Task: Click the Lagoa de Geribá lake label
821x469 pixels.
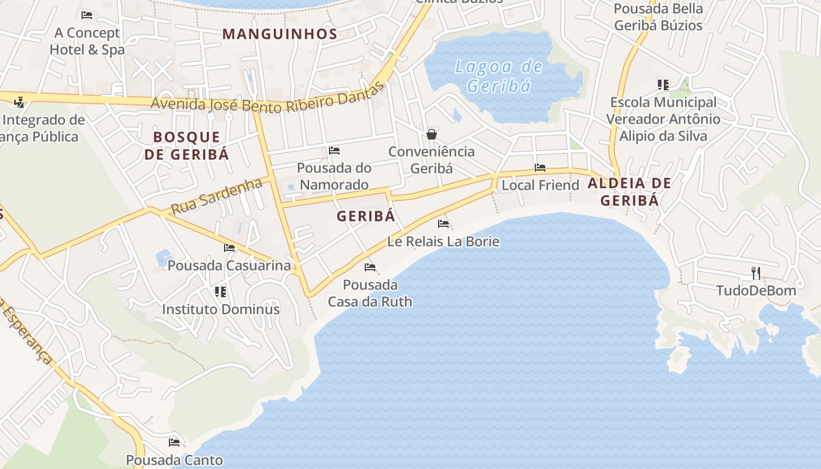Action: (x=498, y=76)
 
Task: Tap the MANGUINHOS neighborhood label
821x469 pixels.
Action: (x=280, y=34)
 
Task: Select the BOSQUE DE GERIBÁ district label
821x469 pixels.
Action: (x=186, y=145)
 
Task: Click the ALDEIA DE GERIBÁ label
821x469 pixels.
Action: (x=629, y=192)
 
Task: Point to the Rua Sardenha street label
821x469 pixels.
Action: (x=216, y=196)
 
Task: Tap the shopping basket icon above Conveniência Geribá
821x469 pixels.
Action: (x=432, y=134)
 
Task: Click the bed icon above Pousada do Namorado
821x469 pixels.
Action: (x=334, y=151)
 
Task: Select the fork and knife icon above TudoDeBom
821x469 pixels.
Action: (x=756, y=273)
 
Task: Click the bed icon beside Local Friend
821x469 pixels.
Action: (x=540, y=168)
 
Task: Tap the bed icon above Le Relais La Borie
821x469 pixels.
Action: (x=443, y=224)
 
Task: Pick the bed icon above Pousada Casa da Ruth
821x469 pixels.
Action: (x=370, y=267)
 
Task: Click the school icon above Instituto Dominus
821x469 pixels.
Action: (x=220, y=291)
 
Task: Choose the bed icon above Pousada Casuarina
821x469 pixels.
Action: (x=229, y=248)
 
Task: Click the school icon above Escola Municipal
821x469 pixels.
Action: (x=663, y=85)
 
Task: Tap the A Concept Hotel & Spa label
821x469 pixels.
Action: (x=87, y=41)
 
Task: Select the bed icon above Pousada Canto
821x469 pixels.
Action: (x=174, y=442)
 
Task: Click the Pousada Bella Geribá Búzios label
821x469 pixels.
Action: (x=658, y=17)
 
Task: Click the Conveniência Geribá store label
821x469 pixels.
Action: (x=432, y=159)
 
